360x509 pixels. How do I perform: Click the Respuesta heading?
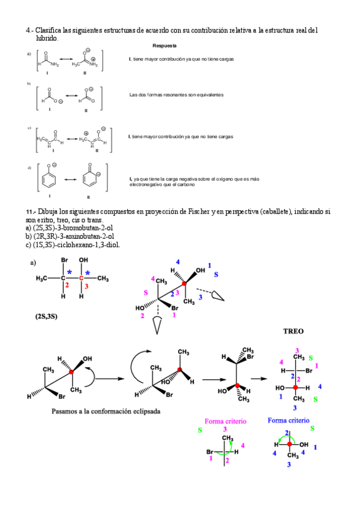(x=164, y=46)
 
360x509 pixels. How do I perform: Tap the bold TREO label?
(x=293, y=331)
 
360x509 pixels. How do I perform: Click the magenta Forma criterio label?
(x=225, y=421)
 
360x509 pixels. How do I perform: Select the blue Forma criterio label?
(x=289, y=421)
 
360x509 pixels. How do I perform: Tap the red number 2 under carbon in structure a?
(x=67, y=287)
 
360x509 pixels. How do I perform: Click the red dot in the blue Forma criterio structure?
(x=289, y=444)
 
